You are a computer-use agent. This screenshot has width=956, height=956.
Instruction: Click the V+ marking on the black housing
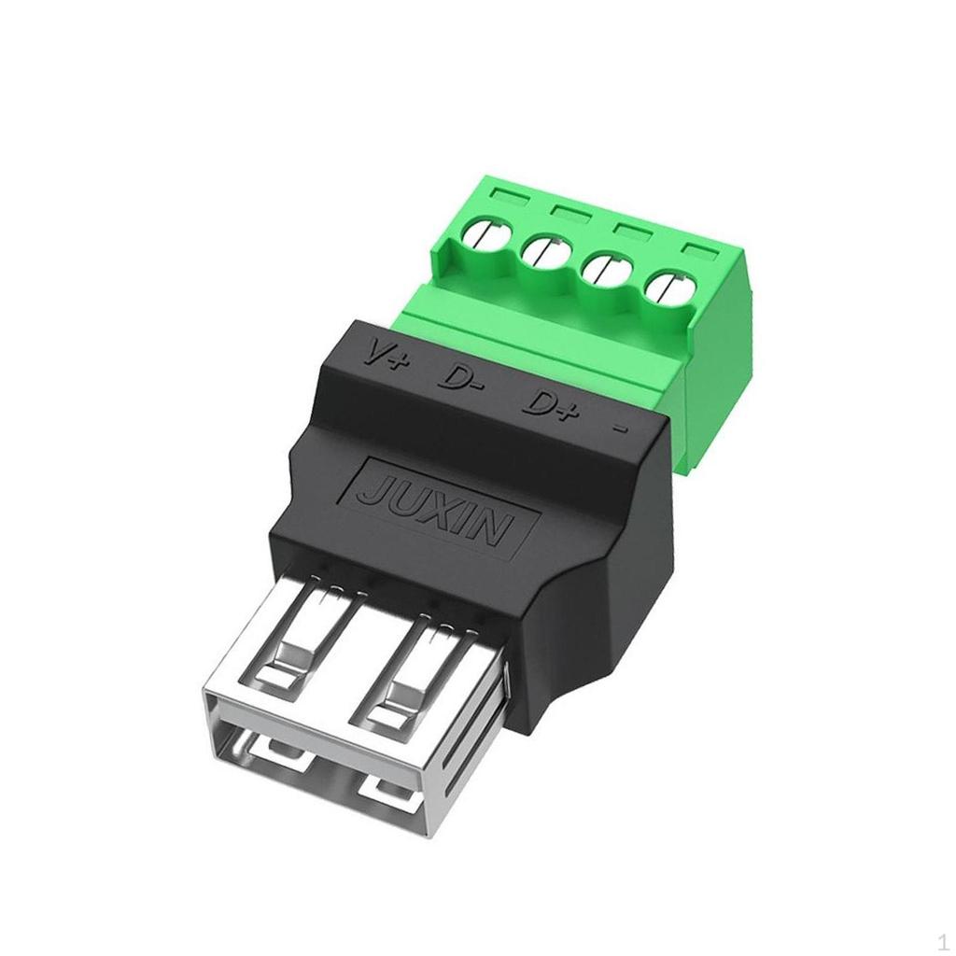pyautogui.click(x=385, y=356)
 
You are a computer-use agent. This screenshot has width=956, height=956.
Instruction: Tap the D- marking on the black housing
pyautogui.click(x=461, y=378)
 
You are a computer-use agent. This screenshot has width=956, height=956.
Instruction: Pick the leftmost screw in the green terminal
pyautogui.click(x=485, y=232)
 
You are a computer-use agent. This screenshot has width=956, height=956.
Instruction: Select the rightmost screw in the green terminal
pyautogui.click(x=670, y=289)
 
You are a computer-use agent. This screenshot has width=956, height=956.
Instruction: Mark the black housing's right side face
pyautogui.click(x=607, y=579)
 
